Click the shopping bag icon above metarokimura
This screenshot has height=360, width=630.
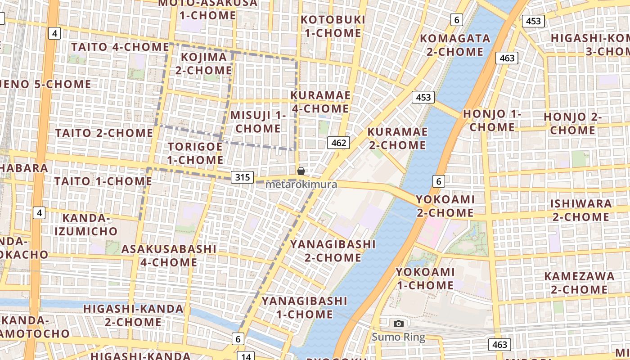pos(301,171)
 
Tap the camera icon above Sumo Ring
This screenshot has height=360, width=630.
pos(398,324)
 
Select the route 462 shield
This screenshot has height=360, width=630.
pos(338,143)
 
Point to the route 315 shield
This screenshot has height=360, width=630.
pos(242,177)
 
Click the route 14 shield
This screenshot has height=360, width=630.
pos(246,356)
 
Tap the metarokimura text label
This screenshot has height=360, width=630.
pos(301,184)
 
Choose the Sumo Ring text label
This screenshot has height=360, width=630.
pos(398,337)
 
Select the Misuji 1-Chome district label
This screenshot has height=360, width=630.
pos(258,121)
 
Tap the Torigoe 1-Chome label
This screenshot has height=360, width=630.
pos(195,153)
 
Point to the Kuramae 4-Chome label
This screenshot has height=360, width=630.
pos(320,102)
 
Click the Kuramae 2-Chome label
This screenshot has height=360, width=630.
pos(397,138)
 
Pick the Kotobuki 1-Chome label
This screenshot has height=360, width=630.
pos(333,26)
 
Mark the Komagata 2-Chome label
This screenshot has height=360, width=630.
pos(455,45)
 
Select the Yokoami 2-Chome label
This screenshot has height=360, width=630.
pos(445,206)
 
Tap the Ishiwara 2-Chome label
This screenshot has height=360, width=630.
pos(580,210)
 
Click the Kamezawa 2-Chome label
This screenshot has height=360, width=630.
pos(579,283)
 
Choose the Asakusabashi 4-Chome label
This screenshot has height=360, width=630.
pos(169,255)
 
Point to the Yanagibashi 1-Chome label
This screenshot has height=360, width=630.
pos(305,307)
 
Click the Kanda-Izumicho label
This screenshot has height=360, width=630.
pos(86,225)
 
